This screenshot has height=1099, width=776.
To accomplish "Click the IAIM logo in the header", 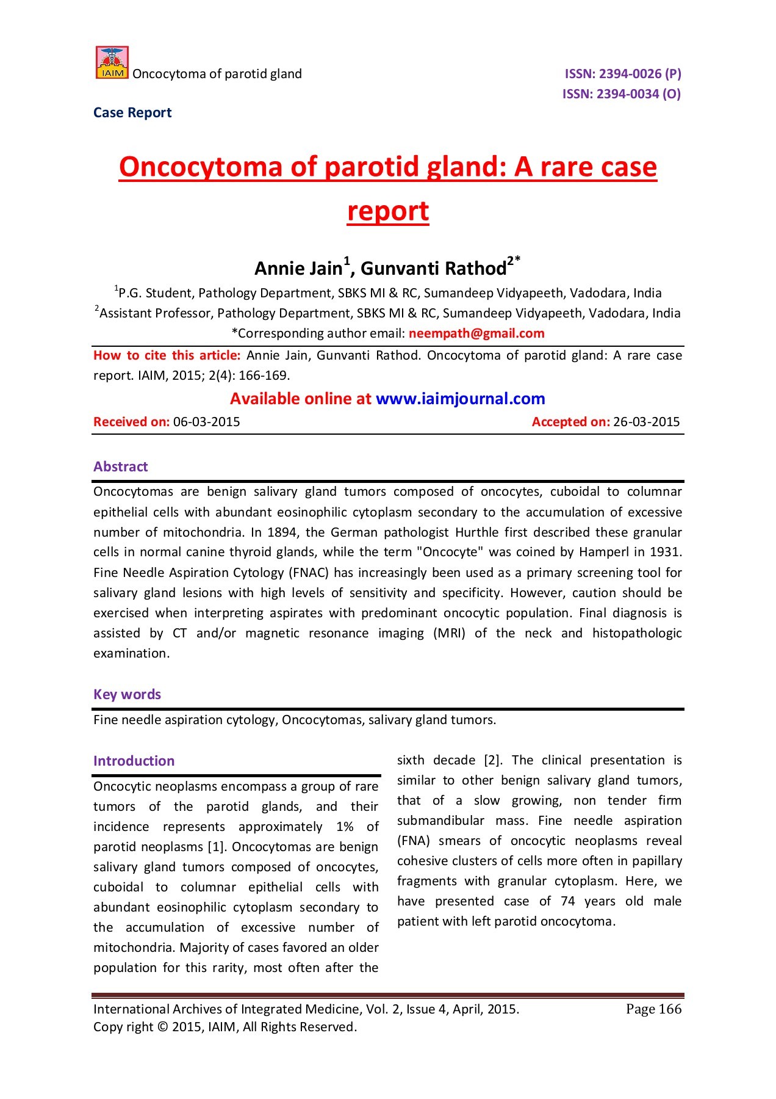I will point(112,63).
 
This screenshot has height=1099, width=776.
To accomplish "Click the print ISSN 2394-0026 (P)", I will point(622,74).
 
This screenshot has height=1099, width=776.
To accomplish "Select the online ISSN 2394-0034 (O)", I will point(621,94).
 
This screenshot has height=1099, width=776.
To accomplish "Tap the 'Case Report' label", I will point(132,113).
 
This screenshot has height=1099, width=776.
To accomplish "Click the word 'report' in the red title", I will point(388,211).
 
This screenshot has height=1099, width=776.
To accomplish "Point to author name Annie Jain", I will point(298,269).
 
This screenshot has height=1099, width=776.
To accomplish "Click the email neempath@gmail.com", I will point(476,333).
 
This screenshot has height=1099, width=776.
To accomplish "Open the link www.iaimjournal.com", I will point(460,399).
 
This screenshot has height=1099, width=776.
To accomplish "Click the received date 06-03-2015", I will point(206,422).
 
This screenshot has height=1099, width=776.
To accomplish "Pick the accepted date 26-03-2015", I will point(646,422).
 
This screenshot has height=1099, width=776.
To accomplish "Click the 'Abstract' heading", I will point(121,467).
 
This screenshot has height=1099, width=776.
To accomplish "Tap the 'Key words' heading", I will point(127,695).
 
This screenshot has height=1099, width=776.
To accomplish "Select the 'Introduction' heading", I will point(134,761).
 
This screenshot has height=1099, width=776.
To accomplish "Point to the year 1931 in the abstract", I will point(666,553).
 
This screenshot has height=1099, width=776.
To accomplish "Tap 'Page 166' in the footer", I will point(653,1009).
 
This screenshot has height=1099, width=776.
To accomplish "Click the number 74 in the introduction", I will point(568,902).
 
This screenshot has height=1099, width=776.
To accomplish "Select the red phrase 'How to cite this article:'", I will point(167,356).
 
